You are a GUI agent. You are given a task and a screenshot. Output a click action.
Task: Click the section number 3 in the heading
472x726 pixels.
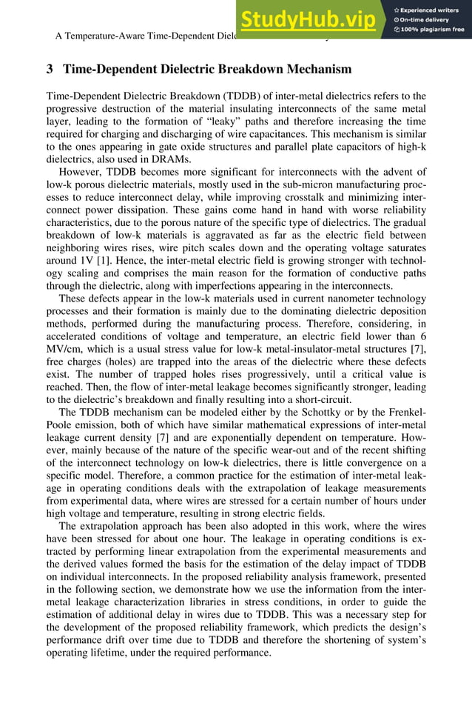(50, 70)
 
